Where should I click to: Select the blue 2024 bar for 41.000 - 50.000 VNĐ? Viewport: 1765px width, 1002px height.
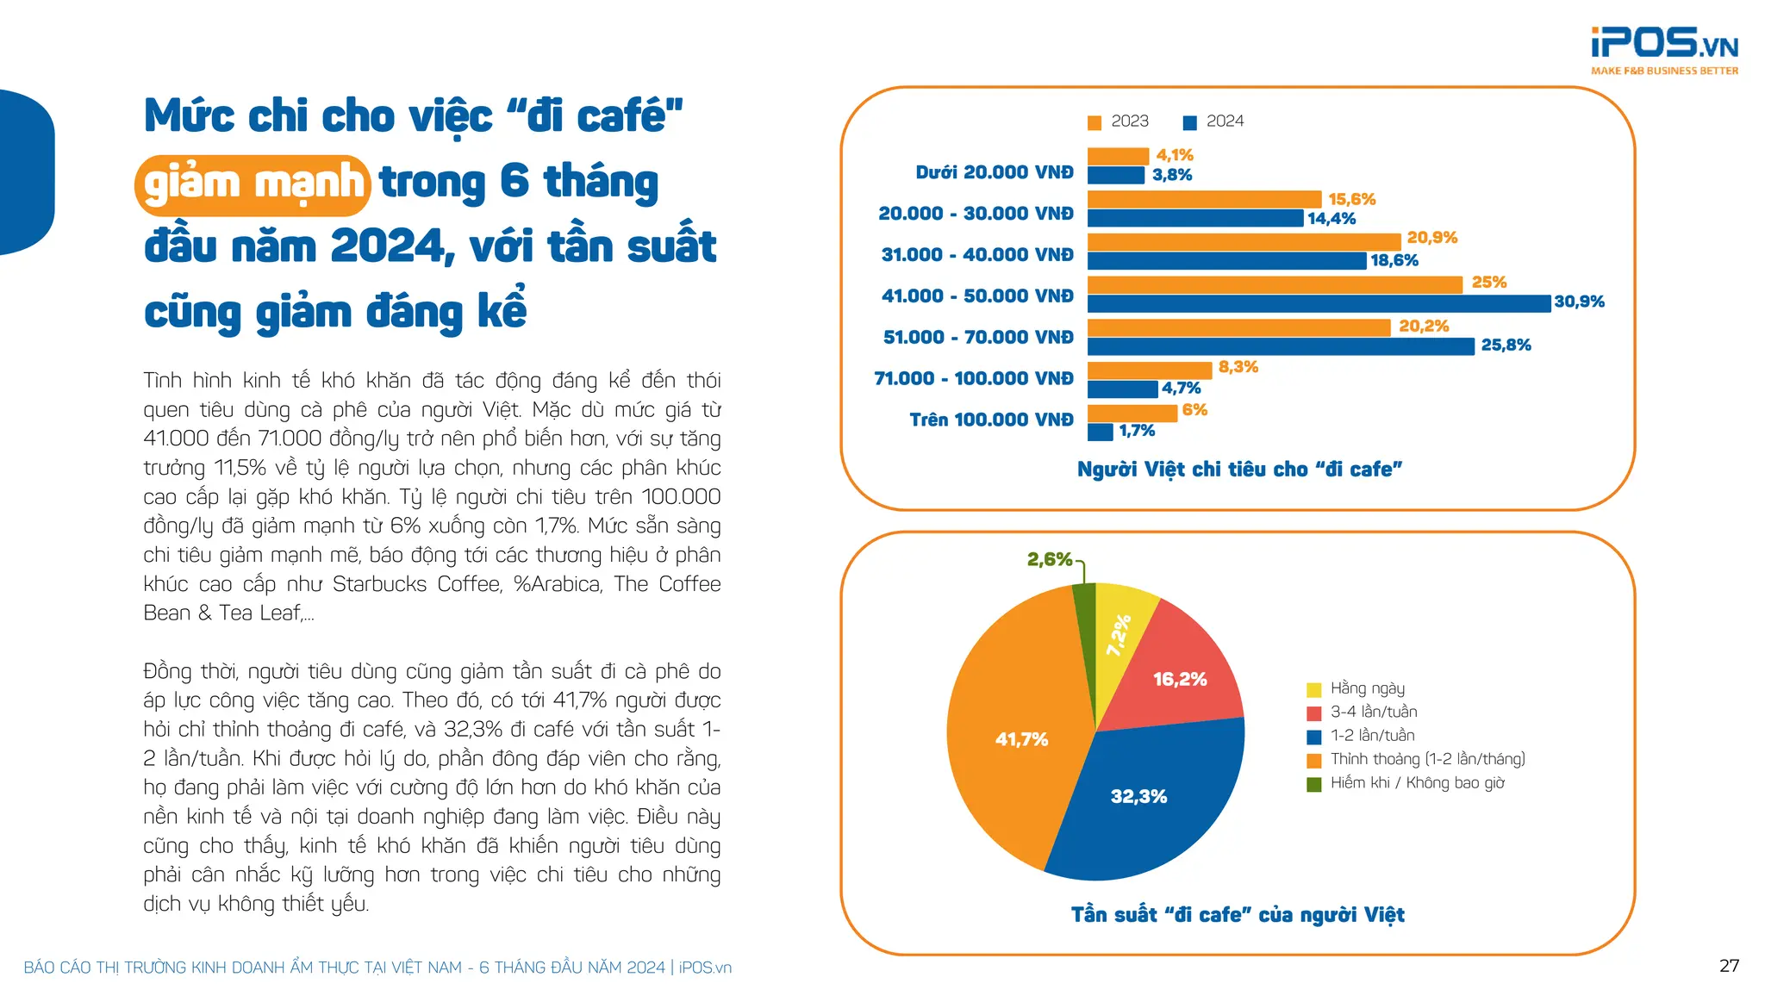coord(1318,303)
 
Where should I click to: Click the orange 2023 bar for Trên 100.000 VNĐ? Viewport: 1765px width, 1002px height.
coord(1132,413)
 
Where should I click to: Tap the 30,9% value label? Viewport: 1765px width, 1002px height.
coord(1579,302)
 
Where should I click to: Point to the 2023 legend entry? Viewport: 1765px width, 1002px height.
coord(1119,121)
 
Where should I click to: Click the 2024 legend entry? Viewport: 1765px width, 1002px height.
coord(1214,121)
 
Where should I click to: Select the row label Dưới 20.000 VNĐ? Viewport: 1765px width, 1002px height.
coord(994,172)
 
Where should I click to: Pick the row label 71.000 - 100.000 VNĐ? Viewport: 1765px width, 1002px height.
coord(973,378)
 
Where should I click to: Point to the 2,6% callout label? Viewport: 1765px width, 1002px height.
coord(1050,559)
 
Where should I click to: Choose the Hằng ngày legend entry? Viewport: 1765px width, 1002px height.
coord(1356,688)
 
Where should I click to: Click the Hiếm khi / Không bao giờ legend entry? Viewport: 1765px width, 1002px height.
coord(1406,783)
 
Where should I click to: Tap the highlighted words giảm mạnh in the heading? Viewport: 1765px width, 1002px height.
coord(253,184)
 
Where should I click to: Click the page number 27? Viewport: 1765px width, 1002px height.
coord(1729,966)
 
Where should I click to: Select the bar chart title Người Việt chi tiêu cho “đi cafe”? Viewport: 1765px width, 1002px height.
coord(1239,470)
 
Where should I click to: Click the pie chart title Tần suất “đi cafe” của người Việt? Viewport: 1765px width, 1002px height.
coord(1238,915)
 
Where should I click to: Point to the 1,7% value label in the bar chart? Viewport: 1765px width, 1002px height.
coord(1136,431)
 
